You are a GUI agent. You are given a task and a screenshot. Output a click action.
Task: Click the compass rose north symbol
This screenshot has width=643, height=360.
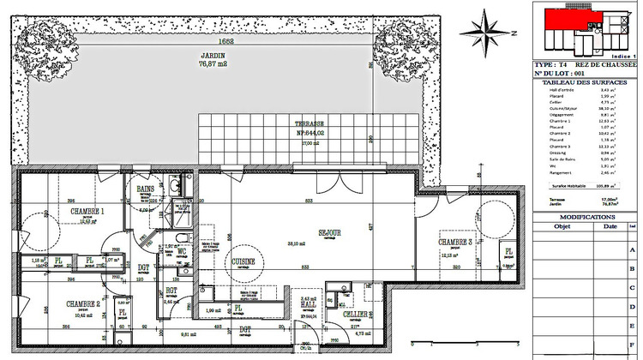486,31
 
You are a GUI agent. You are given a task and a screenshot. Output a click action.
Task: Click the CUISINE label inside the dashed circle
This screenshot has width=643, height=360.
243,261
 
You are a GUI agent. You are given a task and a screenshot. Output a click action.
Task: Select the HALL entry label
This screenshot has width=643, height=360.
308,305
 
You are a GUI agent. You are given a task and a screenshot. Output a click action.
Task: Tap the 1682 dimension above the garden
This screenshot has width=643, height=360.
202,40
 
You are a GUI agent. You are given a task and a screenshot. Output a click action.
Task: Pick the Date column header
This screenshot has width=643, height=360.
610,228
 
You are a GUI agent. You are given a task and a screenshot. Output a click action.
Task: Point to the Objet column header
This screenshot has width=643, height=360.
562,228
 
